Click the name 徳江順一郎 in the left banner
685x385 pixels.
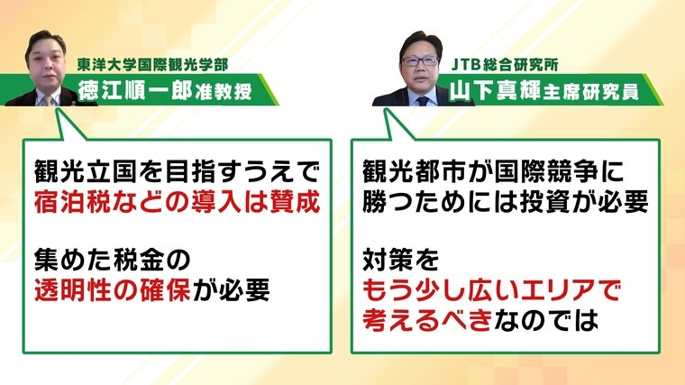tap(135, 91)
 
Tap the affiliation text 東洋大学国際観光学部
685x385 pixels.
tap(153, 65)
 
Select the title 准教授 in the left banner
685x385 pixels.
tap(224, 92)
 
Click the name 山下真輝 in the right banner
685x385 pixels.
tap(495, 91)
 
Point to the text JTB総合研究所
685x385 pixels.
tap(505, 65)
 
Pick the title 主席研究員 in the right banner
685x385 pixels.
tap(591, 92)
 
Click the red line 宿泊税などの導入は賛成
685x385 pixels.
tap(178, 202)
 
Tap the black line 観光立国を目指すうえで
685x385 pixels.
tap(177, 171)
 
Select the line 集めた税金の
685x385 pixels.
tap(113, 260)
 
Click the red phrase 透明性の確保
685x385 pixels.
tap(113, 290)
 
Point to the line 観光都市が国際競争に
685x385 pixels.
tap(493, 171)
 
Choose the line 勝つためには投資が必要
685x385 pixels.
tap(506, 202)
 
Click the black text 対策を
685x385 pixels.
tap(400, 260)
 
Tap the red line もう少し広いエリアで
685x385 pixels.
tap(491, 290)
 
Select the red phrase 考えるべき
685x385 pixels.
tap(427, 320)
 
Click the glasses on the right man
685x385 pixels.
tap(420, 61)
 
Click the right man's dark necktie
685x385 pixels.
tap(423, 101)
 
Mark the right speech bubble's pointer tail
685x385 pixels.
tap(397, 125)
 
